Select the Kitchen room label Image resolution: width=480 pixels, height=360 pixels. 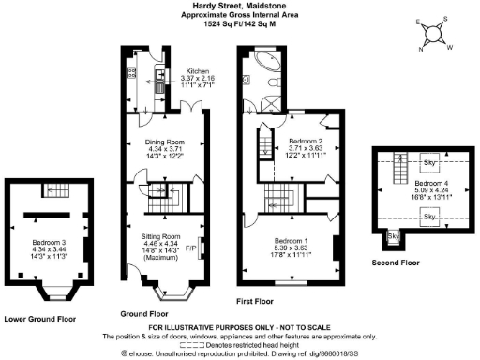click(x=197, y=70)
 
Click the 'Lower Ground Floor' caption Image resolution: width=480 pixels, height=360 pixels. click(x=39, y=318)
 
